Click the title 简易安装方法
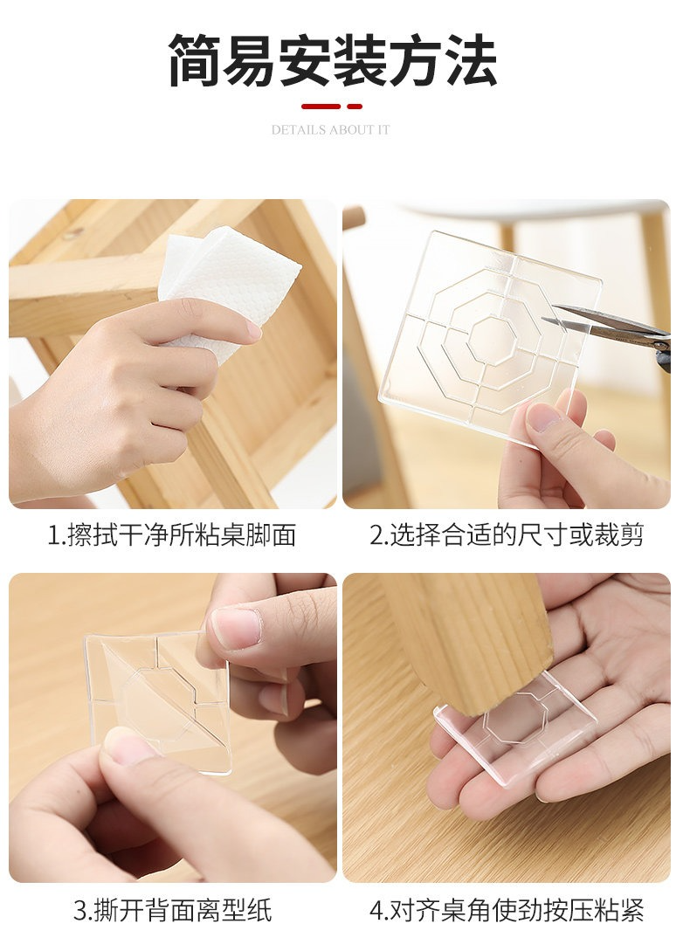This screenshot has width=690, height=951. tap(333, 59)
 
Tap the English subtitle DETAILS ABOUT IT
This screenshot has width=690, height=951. tap(331, 130)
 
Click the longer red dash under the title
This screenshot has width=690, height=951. tap(321, 107)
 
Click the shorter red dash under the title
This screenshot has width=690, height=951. tap(355, 107)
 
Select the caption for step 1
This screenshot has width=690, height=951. tap(172, 535)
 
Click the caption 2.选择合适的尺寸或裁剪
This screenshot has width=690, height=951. tap(507, 535)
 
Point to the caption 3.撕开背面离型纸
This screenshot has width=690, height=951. tap(172, 910)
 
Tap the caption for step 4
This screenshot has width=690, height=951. tap(507, 910)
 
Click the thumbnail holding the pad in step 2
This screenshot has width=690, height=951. tap(543, 418)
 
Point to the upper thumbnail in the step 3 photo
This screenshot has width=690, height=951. tap(236, 627)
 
